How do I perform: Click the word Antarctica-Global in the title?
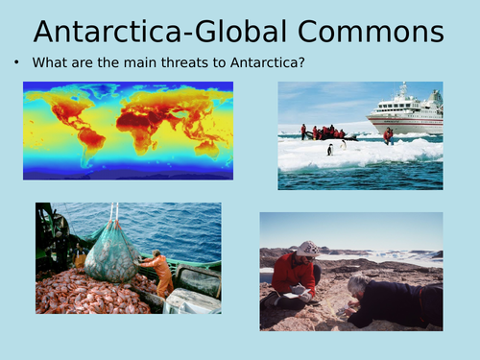pos(157,33)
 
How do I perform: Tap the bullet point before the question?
pos(17,64)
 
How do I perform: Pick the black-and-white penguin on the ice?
pos(331,148)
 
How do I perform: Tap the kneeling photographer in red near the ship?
pos(388,135)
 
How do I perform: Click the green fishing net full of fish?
pos(110,254)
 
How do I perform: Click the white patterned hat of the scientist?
pos(309,248)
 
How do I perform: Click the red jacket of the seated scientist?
pos(294,274)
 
